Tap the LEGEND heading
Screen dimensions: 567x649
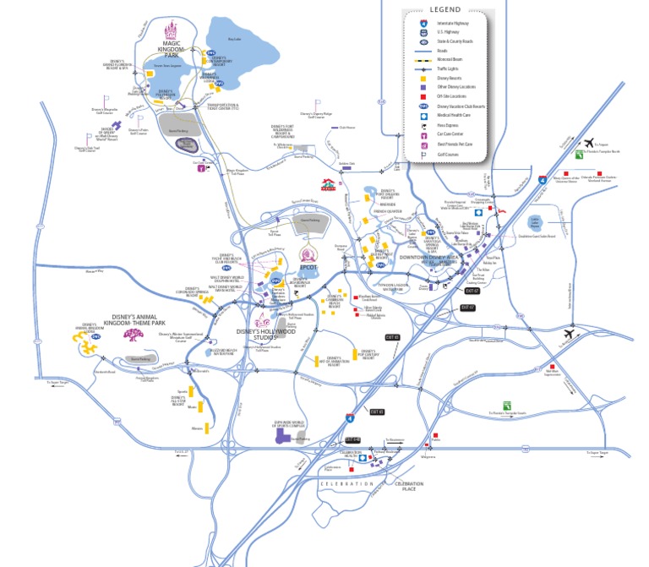[445, 9]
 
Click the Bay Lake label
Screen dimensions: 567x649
[235, 38]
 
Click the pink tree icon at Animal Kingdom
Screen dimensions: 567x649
[132, 335]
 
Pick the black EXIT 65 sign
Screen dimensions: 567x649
[391, 337]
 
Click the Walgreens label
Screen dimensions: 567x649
[428, 457]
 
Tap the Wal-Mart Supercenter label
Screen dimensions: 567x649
[554, 371]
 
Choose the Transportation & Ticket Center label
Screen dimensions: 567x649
[223, 107]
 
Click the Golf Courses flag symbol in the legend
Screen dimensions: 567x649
[425, 154]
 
